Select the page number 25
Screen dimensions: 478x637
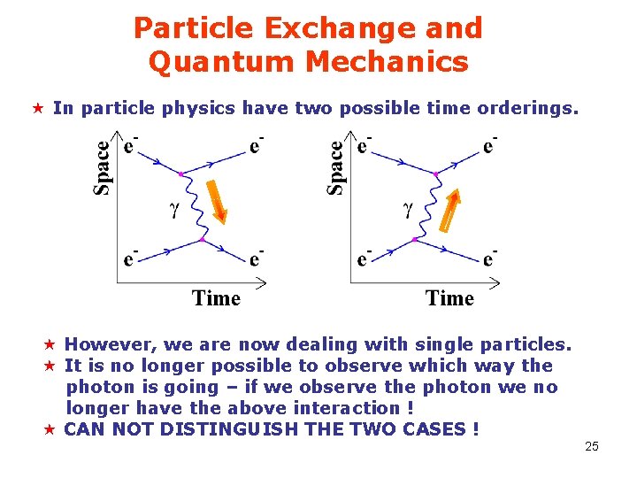pyautogui.click(x=592, y=446)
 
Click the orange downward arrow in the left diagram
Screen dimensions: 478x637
pyautogui.click(x=217, y=201)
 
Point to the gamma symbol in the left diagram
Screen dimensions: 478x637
pyautogui.click(x=173, y=211)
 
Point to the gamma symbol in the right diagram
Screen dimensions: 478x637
pyautogui.click(x=408, y=211)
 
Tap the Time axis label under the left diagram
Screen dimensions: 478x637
pyautogui.click(x=217, y=298)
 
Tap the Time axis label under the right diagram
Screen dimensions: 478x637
pyautogui.click(x=450, y=298)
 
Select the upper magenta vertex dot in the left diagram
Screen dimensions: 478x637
pyautogui.click(x=181, y=174)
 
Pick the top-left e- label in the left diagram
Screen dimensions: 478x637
pyautogui.click(x=130, y=146)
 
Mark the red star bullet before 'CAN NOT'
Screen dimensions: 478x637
pyautogui.click(x=50, y=429)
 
